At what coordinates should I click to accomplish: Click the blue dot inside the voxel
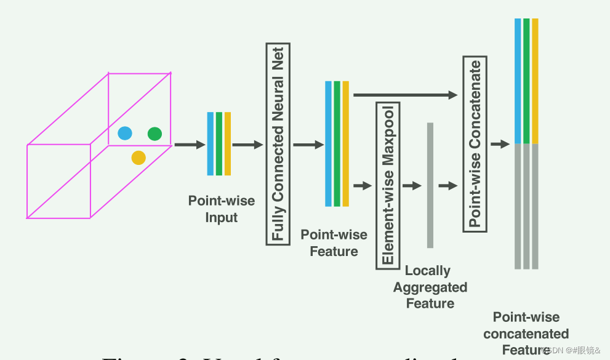(125, 133)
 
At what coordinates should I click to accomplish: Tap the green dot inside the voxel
(155, 134)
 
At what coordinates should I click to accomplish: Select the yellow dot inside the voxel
(138, 158)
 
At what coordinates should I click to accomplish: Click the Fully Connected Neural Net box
(278, 144)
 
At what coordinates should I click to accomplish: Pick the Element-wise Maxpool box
(388, 185)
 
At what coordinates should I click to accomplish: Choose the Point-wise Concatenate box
(475, 143)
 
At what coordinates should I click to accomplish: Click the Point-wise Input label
(221, 209)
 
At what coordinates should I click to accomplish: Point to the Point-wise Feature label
(334, 243)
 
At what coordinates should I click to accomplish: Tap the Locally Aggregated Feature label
(430, 287)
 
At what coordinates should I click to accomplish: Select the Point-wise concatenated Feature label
(526, 334)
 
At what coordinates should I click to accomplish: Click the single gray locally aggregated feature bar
(430, 185)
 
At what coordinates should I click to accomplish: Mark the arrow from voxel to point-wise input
(189, 145)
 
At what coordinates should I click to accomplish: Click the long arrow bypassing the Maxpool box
(406, 95)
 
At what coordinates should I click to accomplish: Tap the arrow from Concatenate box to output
(500, 144)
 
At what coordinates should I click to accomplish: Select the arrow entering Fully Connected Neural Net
(247, 145)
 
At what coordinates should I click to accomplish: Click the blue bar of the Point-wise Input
(211, 143)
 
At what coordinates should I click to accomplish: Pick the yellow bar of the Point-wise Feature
(346, 143)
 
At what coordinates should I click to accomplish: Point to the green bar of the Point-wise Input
(219, 143)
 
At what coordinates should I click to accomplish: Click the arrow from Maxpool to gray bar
(411, 185)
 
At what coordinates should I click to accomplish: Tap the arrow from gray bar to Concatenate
(448, 185)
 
